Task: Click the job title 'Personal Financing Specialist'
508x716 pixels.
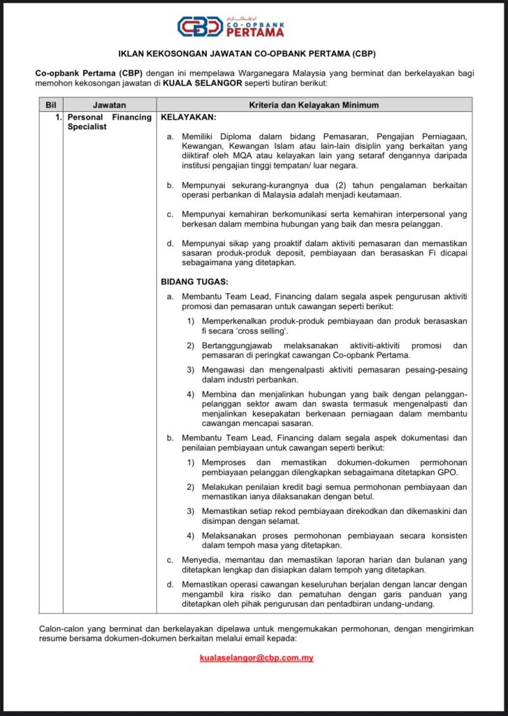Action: pos(109,122)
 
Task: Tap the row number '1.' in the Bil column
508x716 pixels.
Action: pos(59,117)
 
